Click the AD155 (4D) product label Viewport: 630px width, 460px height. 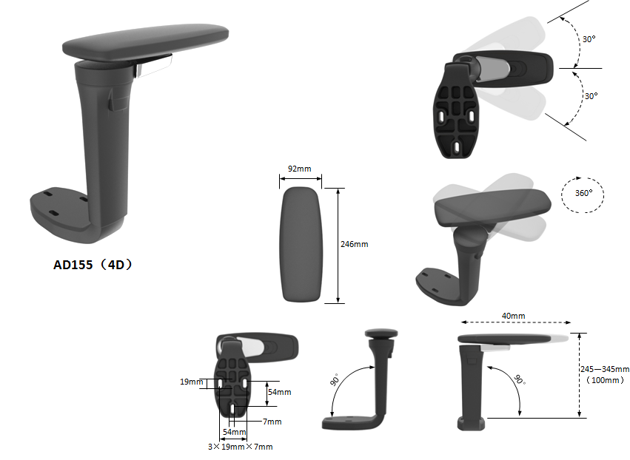pyautogui.click(x=93, y=265)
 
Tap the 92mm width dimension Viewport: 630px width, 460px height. pyautogui.click(x=299, y=169)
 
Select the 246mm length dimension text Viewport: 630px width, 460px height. pyautogui.click(x=355, y=244)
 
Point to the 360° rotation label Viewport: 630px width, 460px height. pyautogui.click(x=583, y=193)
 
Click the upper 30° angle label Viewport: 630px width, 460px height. pyautogui.click(x=589, y=39)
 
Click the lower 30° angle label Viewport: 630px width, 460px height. pyautogui.click(x=591, y=96)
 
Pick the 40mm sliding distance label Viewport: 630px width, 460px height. pyautogui.click(x=514, y=316)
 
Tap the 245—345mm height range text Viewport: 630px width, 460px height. pyautogui.click(x=605, y=369)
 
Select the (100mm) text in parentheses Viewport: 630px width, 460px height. pyautogui.click(x=605, y=380)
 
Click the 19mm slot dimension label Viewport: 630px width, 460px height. pyautogui.click(x=192, y=382)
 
